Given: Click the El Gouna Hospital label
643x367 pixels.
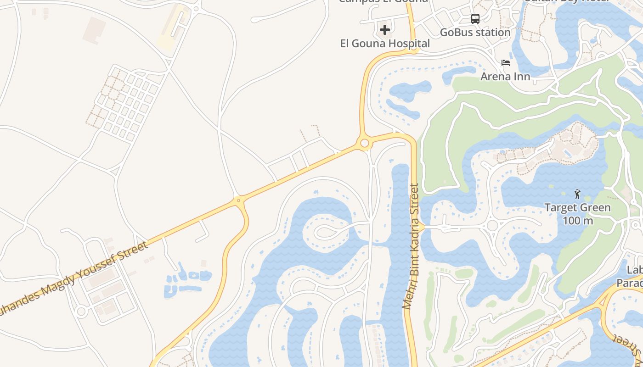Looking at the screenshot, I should (385, 44).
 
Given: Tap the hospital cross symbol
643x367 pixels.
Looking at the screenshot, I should (385, 30).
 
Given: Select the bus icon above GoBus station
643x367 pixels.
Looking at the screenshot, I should (475, 19).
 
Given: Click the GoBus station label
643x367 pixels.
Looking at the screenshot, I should (475, 33).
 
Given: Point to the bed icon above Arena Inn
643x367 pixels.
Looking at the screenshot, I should (506, 62).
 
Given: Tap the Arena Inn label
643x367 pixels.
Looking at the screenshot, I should (505, 76).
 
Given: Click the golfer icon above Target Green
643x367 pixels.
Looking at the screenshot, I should (577, 194).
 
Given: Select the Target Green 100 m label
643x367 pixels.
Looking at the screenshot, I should (577, 214).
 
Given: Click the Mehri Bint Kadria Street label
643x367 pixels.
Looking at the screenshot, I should (412, 246).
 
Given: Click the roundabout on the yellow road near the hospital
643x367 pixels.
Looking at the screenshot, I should (365, 144).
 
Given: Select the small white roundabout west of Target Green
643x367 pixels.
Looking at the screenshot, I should (493, 225).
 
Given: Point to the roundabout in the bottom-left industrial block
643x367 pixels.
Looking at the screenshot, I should (81, 311).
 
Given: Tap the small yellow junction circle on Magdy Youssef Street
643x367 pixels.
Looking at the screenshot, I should (238, 200).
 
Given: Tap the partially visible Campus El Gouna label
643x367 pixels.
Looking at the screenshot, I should (383, 1).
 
